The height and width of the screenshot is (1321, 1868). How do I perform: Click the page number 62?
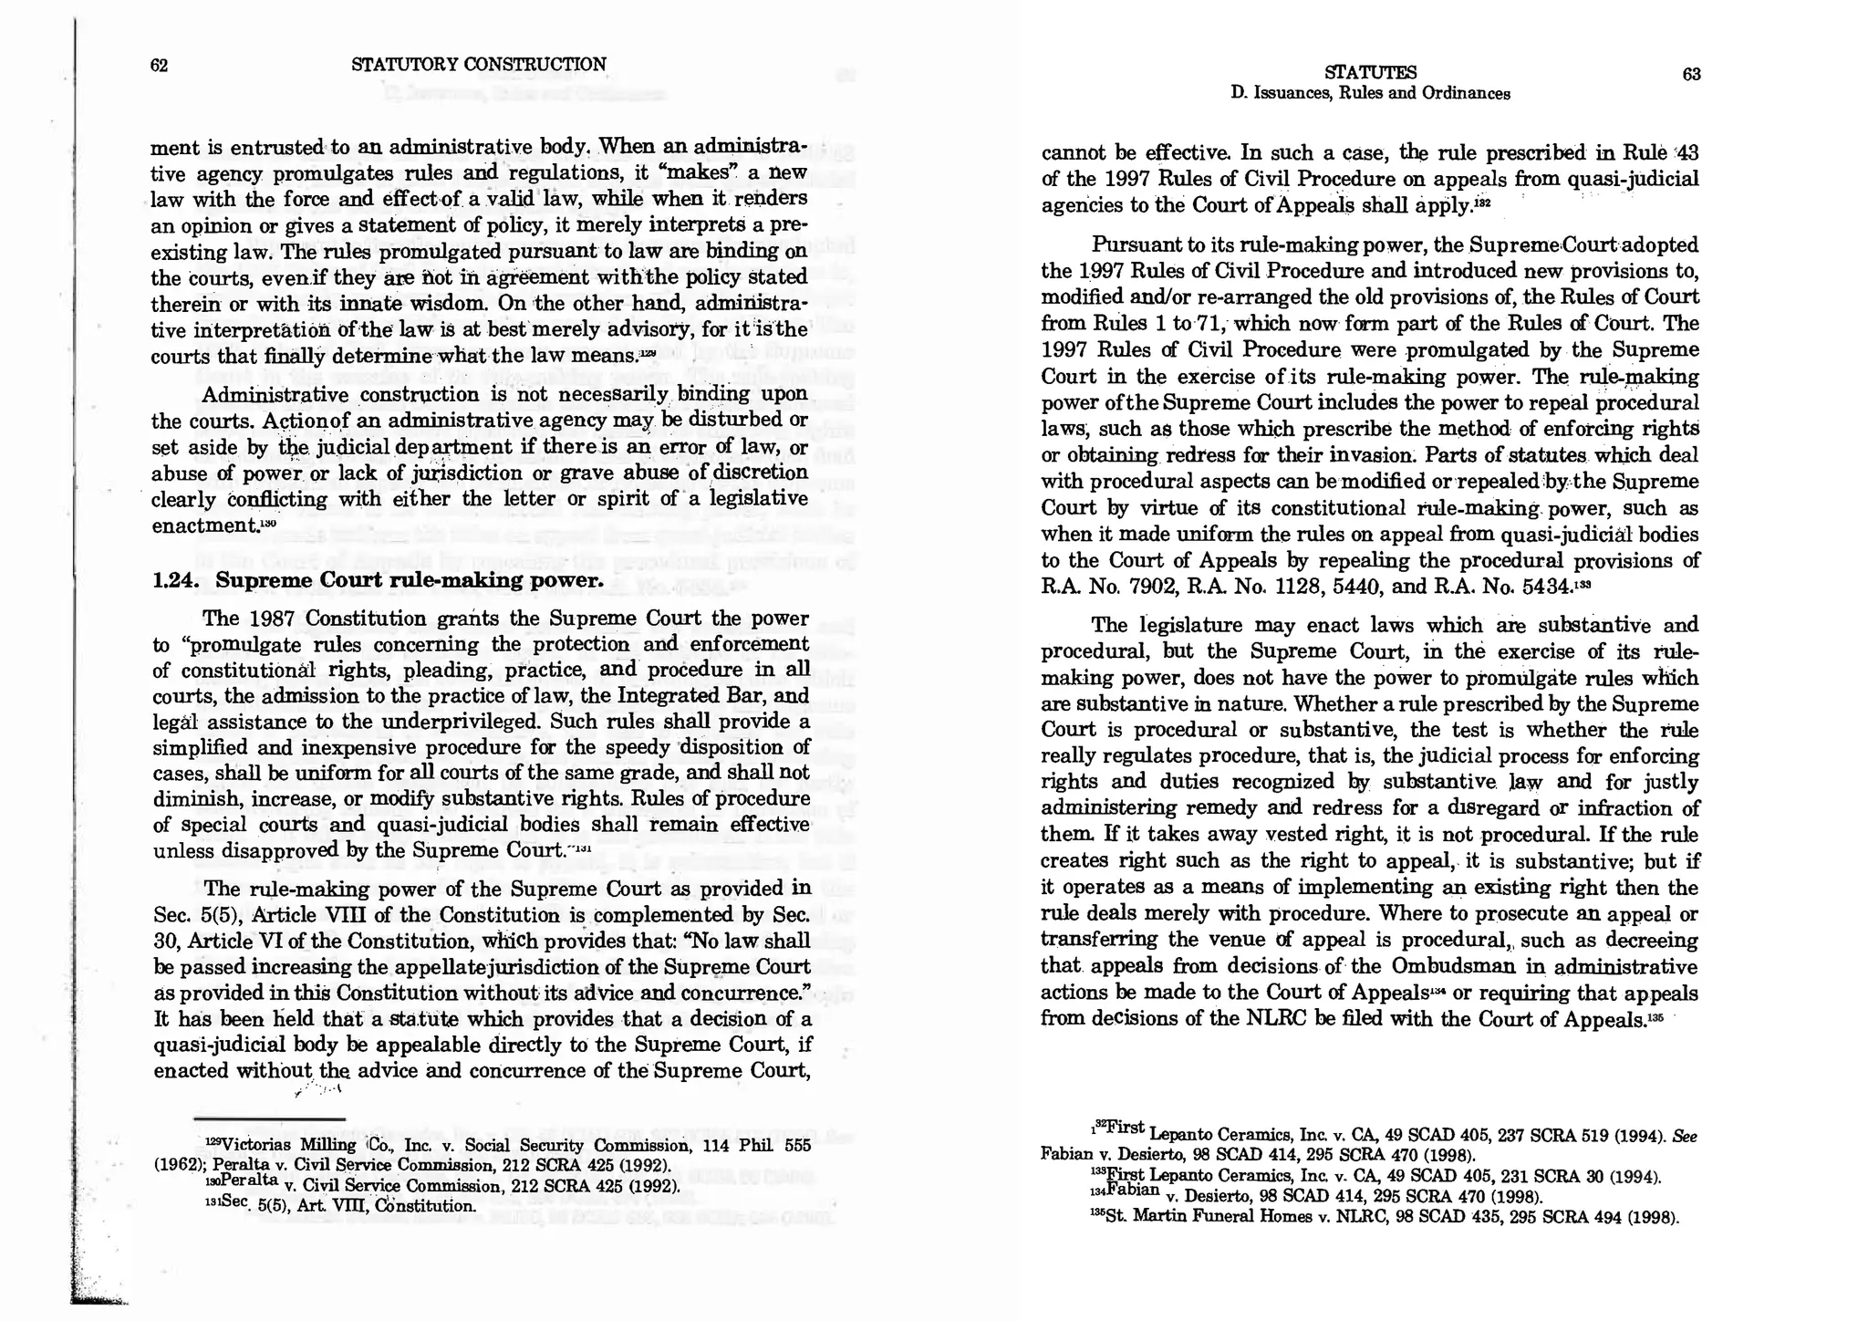point(159,66)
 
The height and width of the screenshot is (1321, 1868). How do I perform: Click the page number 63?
point(1690,75)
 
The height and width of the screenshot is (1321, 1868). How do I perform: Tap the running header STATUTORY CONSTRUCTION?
point(478,65)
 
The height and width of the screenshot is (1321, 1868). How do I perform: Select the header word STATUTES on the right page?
point(1370,73)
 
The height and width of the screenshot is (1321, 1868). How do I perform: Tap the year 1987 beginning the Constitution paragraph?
point(270,619)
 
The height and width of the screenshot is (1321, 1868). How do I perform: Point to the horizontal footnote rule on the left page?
point(270,1119)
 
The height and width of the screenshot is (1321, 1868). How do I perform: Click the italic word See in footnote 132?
point(1682,1136)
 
